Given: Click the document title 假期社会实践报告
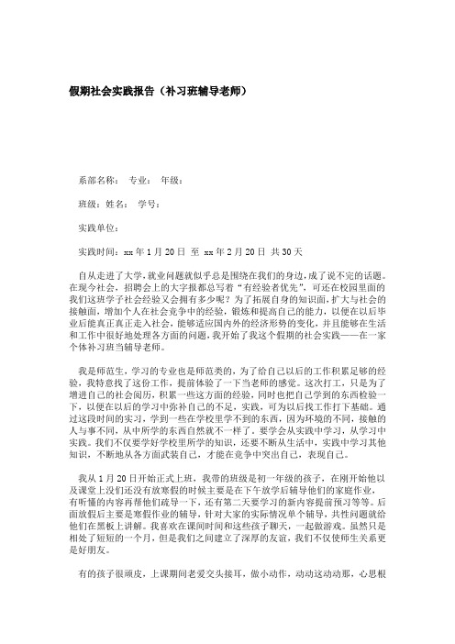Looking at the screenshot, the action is tap(109, 93).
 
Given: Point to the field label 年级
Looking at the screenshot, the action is tap(171, 181).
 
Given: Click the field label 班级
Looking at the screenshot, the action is tap(89, 204).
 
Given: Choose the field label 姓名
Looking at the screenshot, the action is tap(117, 204).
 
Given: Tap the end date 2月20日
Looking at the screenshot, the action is tap(234, 250).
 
